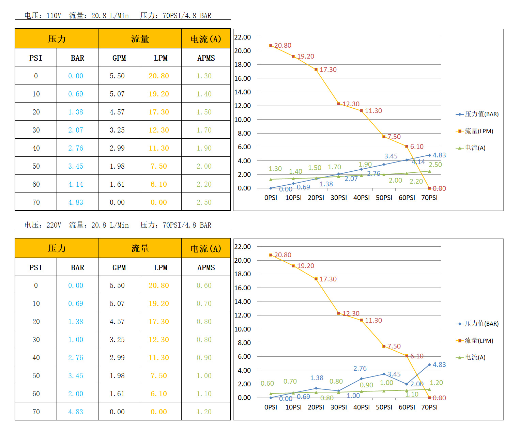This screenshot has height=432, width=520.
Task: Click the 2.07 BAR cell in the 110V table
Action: coord(76,130)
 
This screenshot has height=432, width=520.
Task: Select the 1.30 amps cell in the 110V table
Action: coord(204,76)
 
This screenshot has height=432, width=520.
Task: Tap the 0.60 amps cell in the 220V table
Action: coord(204,286)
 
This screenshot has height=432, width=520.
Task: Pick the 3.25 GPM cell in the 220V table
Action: coord(117,340)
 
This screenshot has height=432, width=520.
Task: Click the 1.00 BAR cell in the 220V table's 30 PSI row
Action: coord(76,340)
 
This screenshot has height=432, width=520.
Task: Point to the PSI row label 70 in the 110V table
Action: coord(36,202)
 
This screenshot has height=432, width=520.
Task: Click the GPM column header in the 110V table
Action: coord(119,58)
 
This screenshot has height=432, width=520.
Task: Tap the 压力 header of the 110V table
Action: coord(57,39)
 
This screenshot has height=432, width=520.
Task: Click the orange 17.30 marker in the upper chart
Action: coord(316,70)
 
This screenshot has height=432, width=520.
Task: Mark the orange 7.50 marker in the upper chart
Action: coord(384,137)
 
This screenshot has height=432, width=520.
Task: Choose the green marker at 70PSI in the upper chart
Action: coord(429,171)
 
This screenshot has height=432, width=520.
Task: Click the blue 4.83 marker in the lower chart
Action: coord(429,365)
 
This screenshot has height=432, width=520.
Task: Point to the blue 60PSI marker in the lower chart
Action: coord(407,384)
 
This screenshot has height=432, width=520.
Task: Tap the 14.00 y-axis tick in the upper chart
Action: coord(243,92)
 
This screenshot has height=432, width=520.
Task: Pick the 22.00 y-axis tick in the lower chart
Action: coord(243,247)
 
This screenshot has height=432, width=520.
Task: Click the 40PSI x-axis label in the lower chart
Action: coord(361,407)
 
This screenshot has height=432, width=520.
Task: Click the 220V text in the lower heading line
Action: coord(54,225)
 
